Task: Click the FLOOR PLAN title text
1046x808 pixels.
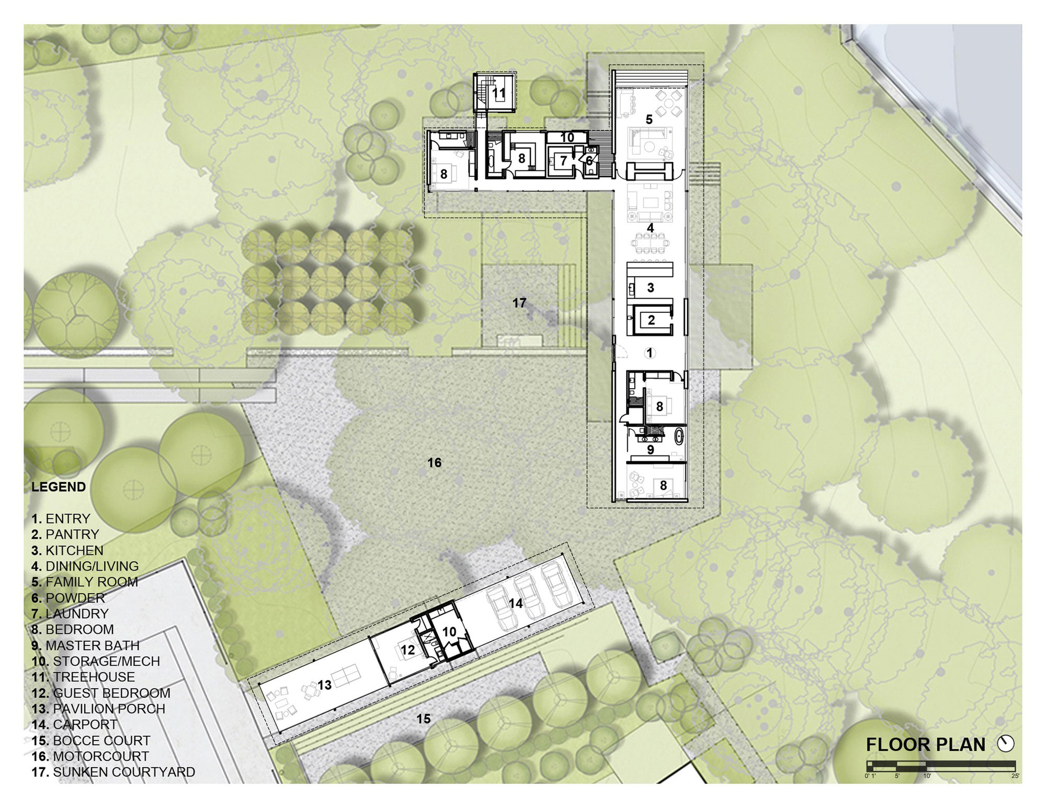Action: pos(926,744)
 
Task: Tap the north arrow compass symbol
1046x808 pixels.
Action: pos(1006,743)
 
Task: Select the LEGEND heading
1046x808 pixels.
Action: pos(59,487)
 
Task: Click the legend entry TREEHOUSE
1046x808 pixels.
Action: pos(83,677)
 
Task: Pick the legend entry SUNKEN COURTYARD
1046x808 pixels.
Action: pos(113,772)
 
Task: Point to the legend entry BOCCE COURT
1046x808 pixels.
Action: pos(90,741)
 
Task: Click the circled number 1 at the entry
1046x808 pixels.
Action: pos(650,354)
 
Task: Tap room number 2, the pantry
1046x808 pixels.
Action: pos(651,320)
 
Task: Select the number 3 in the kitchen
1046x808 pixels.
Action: pos(651,288)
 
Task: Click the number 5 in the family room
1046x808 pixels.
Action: pos(649,120)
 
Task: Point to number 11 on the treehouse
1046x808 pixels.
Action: pos(499,94)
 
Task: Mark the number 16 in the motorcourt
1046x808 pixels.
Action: pos(435,463)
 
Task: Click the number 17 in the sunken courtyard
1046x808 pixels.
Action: pos(519,303)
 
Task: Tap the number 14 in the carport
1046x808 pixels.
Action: pos(516,604)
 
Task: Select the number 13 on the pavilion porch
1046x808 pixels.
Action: pos(324,685)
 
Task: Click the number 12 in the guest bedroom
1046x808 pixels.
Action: pos(408,650)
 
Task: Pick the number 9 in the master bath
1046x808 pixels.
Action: pos(651,450)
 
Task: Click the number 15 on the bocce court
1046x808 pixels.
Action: pos(423,719)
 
